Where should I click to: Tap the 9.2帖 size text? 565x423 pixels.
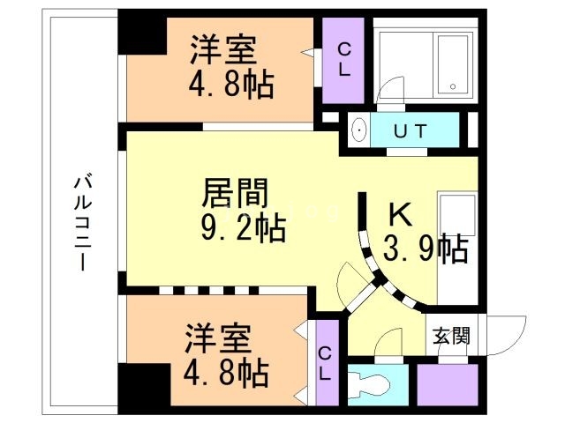click(x=240, y=228)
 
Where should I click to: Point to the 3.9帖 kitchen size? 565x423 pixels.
click(x=426, y=249)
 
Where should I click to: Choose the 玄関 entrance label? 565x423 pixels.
click(x=451, y=336)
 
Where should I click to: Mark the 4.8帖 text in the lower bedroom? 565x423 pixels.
click(x=226, y=374)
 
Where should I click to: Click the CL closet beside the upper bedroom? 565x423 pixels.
click(x=344, y=59)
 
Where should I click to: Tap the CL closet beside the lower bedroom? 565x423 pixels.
click(x=326, y=362)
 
